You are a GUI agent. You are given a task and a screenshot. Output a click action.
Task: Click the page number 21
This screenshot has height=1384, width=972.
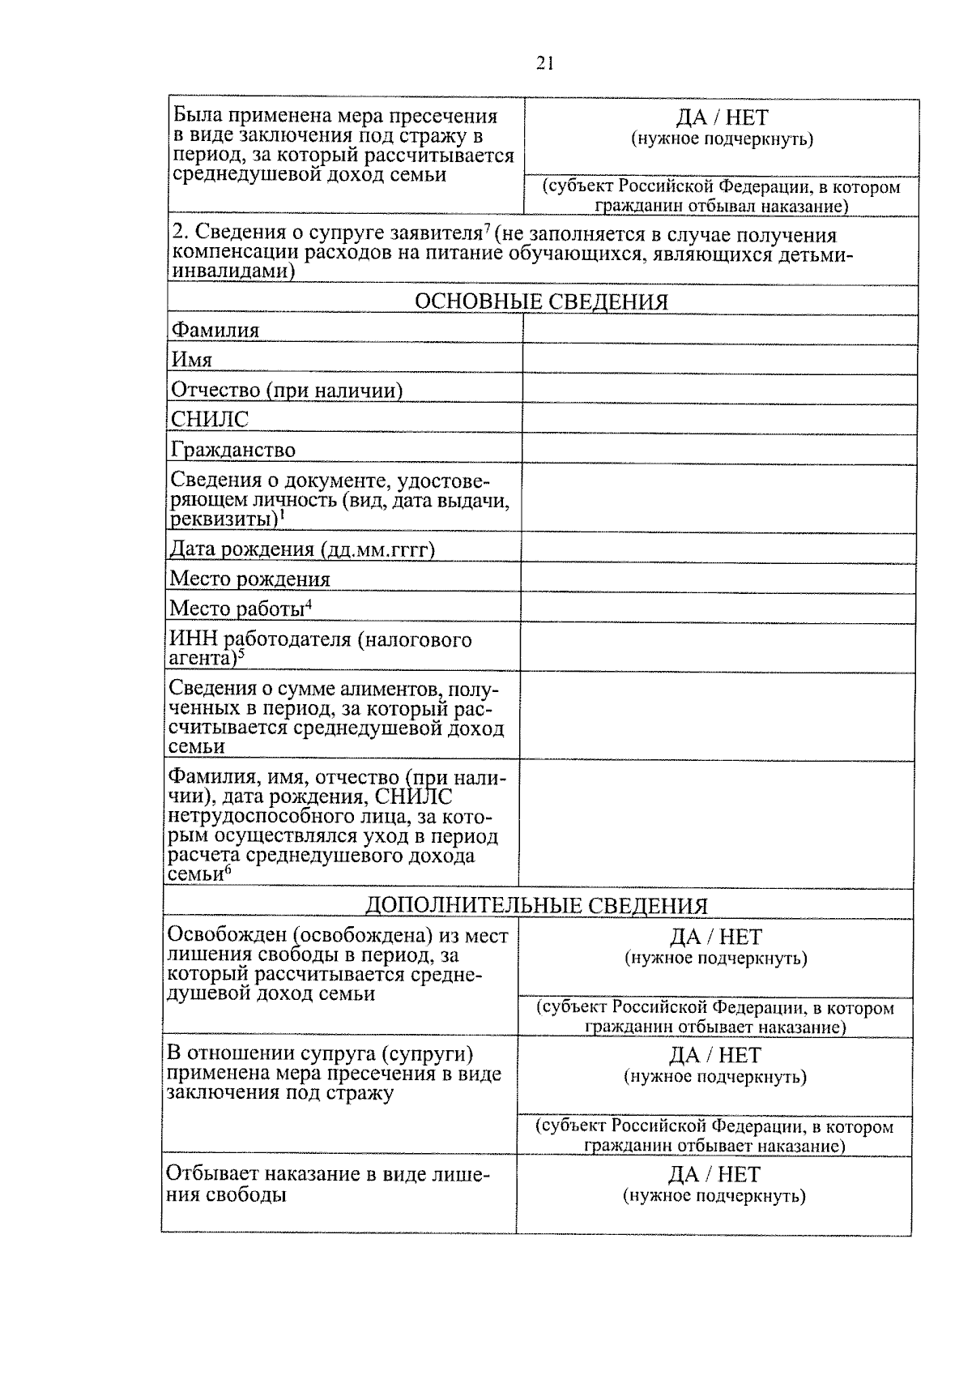pos(544,64)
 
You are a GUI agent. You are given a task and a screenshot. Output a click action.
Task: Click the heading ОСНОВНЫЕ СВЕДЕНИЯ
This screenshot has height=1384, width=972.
pos(541,302)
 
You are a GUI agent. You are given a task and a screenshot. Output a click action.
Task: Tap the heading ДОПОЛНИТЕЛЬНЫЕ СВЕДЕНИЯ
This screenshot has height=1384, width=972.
pos(536,905)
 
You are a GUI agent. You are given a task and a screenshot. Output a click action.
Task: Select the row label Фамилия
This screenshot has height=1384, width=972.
pos(215,331)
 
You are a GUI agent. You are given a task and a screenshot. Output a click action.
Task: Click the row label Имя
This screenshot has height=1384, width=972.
pos(191,360)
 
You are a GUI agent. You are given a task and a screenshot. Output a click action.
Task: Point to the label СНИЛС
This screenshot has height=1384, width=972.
pos(209,420)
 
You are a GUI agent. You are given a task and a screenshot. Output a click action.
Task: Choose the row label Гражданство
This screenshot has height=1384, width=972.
pos(232,450)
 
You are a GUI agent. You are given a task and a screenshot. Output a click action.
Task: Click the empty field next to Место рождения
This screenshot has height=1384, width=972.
pos(718,578)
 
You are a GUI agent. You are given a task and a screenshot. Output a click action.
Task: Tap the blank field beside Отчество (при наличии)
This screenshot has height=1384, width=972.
pos(719,388)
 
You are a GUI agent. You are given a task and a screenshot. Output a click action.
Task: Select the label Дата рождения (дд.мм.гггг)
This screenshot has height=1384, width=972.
pos(302,549)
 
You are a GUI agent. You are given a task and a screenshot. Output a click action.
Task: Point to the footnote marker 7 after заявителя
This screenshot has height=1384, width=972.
pos(488,230)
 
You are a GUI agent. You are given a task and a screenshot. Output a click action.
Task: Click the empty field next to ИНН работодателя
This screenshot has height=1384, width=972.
pos(718,646)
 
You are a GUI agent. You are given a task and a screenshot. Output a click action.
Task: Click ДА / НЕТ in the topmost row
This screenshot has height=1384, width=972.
pos(722,118)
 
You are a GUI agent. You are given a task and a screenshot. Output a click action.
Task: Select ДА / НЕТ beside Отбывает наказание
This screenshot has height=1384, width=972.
pos(714,1174)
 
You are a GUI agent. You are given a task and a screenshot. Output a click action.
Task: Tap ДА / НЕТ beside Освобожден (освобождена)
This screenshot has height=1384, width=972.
pos(716,938)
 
